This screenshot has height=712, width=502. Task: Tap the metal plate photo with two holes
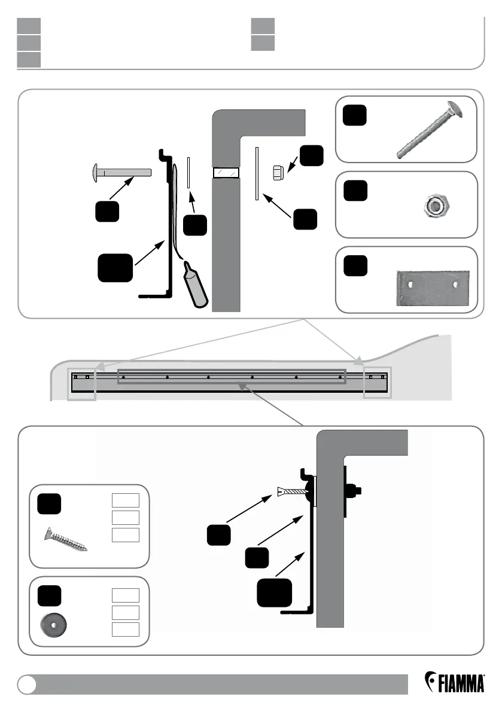(x=433, y=288)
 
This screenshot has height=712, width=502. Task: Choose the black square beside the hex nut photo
(x=355, y=192)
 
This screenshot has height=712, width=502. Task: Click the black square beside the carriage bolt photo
(x=355, y=115)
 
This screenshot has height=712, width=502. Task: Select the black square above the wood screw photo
(x=48, y=503)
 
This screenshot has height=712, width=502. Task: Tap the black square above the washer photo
(x=48, y=597)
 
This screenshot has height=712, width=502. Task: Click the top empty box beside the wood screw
(x=126, y=500)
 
